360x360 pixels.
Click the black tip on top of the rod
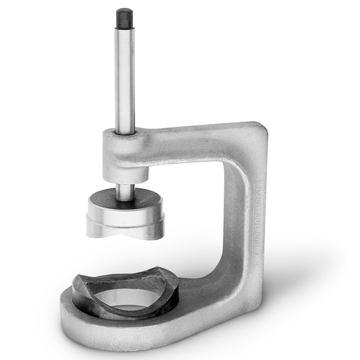point(124,17)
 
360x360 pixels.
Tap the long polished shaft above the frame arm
point(125,77)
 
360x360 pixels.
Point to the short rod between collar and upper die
point(125,191)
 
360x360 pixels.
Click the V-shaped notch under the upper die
point(125,233)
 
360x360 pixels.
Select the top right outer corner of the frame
point(262,127)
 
